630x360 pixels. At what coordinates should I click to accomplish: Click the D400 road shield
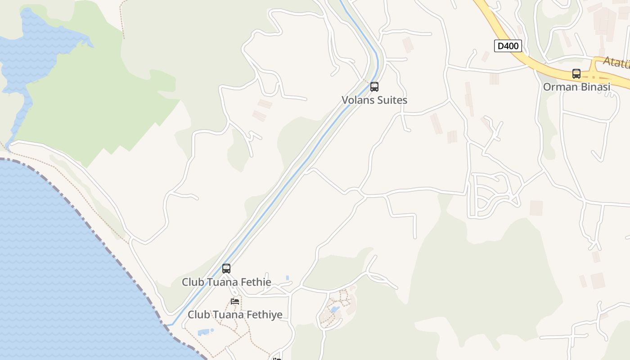(508, 46)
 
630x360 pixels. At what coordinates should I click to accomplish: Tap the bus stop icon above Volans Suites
(374, 87)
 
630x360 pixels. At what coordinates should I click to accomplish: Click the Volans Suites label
(374, 100)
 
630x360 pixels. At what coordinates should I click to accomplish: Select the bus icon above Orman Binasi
(576, 74)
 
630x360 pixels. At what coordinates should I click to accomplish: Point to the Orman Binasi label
(576, 87)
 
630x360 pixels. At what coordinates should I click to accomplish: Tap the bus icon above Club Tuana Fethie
(226, 269)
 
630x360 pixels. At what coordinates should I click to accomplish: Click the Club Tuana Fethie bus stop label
(226, 282)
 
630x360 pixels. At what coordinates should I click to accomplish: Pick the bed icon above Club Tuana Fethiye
(235, 301)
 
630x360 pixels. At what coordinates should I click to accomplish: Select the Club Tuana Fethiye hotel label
(235, 315)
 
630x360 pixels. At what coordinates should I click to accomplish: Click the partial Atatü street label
(616, 63)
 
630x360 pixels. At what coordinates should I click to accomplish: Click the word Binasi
(594, 87)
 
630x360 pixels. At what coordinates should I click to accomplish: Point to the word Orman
(559, 87)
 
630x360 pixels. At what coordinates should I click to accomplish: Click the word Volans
(357, 100)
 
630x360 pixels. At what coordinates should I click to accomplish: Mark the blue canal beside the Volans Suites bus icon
(368, 81)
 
